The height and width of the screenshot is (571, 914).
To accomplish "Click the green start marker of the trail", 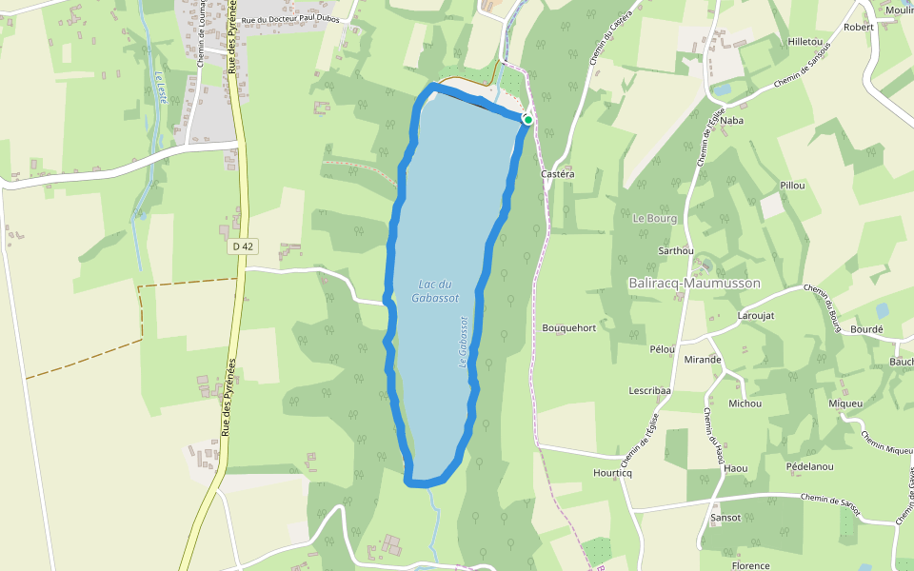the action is [x=527, y=120].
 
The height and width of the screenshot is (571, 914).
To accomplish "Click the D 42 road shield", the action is [x=244, y=246].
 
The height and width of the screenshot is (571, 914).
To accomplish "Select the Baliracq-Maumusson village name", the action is [x=694, y=284].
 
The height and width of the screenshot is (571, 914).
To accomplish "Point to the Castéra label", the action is [x=557, y=174].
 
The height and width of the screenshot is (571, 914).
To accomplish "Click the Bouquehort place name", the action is [x=568, y=328].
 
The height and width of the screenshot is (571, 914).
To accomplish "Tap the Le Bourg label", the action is [x=654, y=218].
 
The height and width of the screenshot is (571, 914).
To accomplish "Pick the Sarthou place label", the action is [x=675, y=251].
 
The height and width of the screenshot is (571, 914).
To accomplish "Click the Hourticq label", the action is [x=612, y=473].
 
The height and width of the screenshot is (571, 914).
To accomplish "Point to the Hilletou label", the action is [x=805, y=43].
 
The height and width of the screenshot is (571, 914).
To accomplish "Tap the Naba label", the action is [x=731, y=121].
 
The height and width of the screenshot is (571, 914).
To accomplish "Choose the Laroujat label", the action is [x=757, y=315].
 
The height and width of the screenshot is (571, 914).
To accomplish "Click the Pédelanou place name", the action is [x=810, y=466].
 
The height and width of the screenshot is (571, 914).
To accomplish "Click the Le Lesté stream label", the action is [x=163, y=91].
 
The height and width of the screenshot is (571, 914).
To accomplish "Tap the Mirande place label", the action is [x=703, y=360].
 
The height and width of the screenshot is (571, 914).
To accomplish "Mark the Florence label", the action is [x=750, y=565].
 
